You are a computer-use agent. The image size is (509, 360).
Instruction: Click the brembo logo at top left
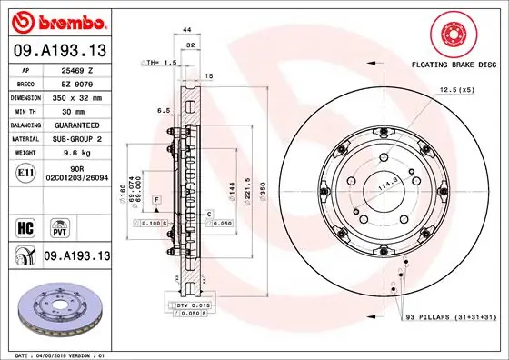tap(57, 20)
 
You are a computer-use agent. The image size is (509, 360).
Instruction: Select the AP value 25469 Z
tap(78, 69)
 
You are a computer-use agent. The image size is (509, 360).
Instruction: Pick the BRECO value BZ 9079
tap(78, 83)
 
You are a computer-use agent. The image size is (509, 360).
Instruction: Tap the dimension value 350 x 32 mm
tap(78, 96)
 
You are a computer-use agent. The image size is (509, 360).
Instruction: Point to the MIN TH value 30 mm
tap(78, 110)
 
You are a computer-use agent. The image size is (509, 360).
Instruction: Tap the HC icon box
tap(25, 225)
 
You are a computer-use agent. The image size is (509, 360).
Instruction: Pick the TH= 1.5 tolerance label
tap(158, 63)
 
